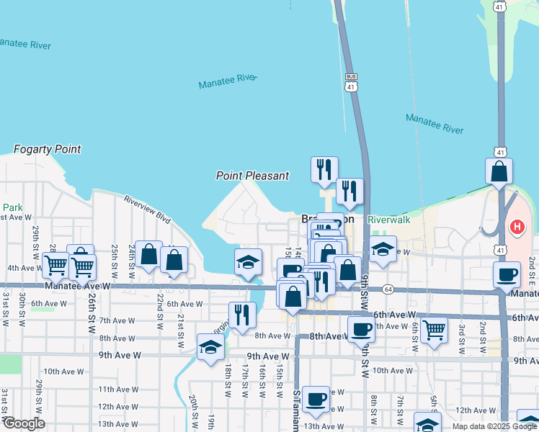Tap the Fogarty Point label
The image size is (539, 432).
tap(48, 150)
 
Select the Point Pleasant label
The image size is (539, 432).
tap(253, 176)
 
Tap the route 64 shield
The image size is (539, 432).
tap(388, 289)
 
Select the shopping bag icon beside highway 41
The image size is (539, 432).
tap(499, 172)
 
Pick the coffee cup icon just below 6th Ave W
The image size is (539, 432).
tap(360, 329)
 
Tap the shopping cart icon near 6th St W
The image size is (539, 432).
tap(433, 330)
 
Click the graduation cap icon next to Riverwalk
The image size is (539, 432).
tap(383, 250)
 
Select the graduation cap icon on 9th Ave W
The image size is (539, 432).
tap(210, 347)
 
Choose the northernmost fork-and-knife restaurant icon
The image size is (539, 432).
tap(324, 168)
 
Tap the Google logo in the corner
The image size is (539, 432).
tap(23, 423)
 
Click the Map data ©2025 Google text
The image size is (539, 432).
tap(494, 426)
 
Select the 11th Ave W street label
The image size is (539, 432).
tap(118, 390)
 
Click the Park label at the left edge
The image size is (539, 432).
tap(12, 208)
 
